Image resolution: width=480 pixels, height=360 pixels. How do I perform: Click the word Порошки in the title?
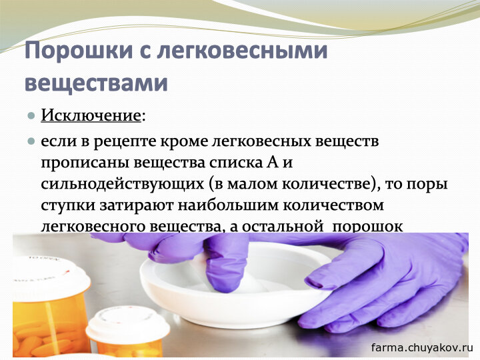point(79,51)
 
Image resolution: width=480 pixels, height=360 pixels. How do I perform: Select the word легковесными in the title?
point(243,51)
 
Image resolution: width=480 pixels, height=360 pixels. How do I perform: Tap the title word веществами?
point(96,83)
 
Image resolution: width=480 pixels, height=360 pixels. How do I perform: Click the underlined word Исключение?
point(91,116)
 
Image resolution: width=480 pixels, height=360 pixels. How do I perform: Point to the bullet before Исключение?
point(31,116)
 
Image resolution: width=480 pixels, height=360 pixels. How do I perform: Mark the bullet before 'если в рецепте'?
point(31,141)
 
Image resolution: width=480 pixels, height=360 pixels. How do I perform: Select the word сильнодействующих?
point(123,184)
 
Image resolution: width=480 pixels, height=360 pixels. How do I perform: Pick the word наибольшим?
point(228,205)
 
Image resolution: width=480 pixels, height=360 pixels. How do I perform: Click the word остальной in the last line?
point(283,227)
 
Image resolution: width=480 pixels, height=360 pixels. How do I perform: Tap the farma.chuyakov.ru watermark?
point(422,347)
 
